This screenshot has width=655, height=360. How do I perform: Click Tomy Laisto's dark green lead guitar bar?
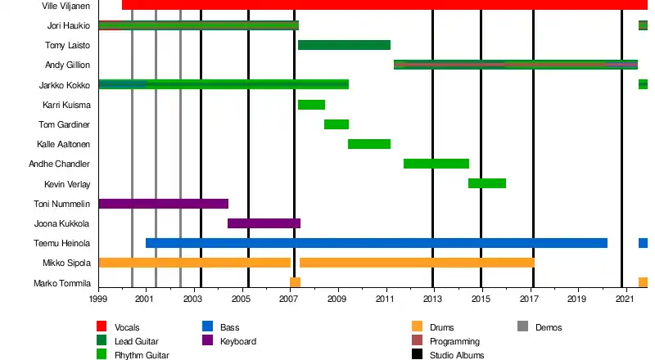point(344,45)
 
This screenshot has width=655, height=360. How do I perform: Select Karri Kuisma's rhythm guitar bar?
point(312,105)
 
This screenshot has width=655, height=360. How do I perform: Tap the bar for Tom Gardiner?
point(337,124)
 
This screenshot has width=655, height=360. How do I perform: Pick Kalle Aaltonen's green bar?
point(369,144)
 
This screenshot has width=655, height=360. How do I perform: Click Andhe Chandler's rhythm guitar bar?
point(436,164)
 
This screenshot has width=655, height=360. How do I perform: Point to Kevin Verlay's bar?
point(487,183)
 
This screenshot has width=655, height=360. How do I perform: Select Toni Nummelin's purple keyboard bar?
point(164,204)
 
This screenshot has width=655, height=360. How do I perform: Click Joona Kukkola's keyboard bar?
point(264,223)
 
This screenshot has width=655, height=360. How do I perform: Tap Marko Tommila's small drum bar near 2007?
point(295,282)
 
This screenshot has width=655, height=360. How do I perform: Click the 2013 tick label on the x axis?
point(432,299)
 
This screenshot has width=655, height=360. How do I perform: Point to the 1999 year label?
point(97,299)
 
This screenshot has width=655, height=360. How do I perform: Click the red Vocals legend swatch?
point(102,326)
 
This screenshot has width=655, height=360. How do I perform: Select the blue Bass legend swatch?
point(208,326)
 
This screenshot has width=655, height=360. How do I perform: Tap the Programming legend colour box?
point(417,340)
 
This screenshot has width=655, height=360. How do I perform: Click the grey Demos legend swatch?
point(522,326)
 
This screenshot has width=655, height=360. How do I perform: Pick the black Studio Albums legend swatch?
point(417,354)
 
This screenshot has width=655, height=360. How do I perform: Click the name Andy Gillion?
point(67,65)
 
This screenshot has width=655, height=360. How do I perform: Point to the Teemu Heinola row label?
point(62,244)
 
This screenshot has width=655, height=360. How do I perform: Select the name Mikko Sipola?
point(66,263)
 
